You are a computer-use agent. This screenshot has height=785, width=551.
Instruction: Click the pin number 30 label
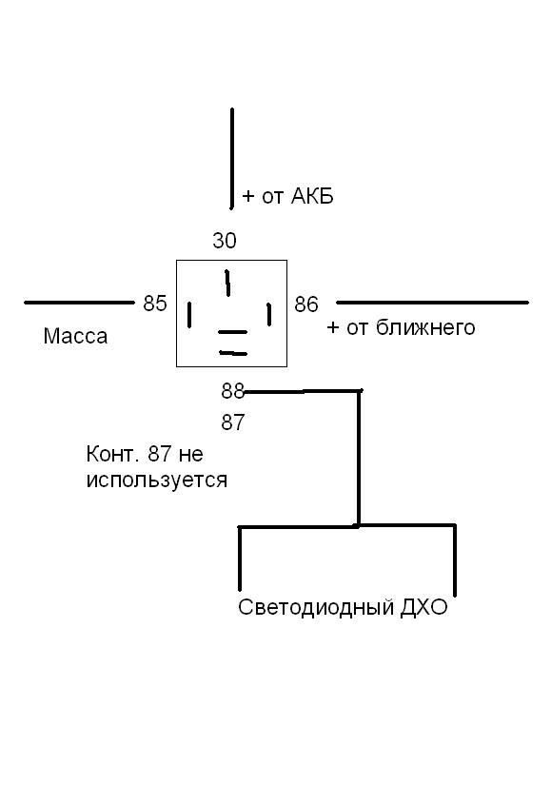click(x=224, y=241)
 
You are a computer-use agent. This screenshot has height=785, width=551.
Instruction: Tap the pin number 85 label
click(x=155, y=304)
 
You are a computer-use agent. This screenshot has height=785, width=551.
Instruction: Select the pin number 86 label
click(x=306, y=304)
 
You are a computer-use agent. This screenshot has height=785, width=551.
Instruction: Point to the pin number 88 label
click(x=232, y=391)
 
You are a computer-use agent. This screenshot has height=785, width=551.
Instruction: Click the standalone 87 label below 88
click(x=232, y=422)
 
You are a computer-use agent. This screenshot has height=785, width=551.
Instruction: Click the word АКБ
click(x=312, y=196)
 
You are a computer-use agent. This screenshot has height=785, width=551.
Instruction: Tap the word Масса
click(x=75, y=336)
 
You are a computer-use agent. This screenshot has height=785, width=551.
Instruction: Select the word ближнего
click(x=425, y=327)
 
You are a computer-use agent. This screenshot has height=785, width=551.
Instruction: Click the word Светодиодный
click(x=316, y=607)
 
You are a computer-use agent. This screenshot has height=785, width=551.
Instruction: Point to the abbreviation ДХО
click(x=423, y=607)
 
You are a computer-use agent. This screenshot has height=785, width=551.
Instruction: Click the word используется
click(x=157, y=481)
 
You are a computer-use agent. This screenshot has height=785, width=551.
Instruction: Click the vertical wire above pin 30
click(x=232, y=158)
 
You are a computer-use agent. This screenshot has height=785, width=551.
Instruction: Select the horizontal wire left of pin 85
click(x=79, y=303)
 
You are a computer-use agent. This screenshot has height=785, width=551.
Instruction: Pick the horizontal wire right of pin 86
click(x=432, y=303)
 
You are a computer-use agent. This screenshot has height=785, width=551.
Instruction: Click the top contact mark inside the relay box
click(x=227, y=283)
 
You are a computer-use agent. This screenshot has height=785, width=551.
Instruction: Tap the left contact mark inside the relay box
click(x=189, y=315)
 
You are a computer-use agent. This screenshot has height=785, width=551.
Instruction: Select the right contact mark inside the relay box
click(x=269, y=314)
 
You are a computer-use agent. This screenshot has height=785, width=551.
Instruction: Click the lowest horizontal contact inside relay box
click(x=233, y=353)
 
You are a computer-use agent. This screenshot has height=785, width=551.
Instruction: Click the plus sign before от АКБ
click(x=248, y=196)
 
